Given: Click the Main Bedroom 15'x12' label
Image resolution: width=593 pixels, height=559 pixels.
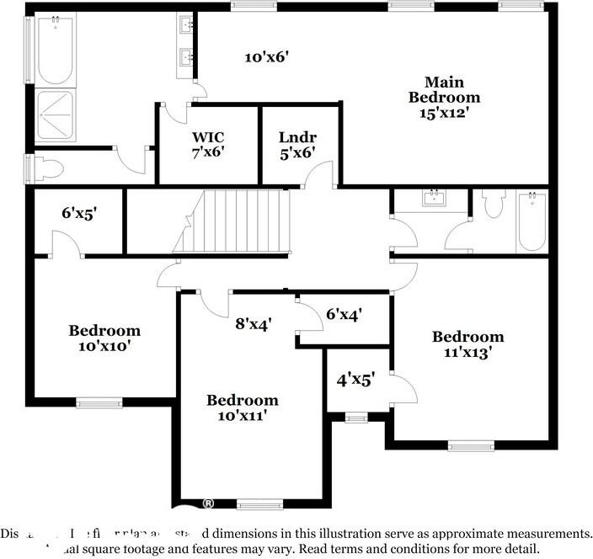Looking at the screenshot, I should [x=445, y=97].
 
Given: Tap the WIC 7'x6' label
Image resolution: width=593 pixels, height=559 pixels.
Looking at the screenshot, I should [x=208, y=144].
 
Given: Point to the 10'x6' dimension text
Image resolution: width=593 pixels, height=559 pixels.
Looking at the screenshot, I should [x=267, y=57].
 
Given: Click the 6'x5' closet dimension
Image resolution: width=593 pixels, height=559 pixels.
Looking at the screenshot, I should [x=79, y=213].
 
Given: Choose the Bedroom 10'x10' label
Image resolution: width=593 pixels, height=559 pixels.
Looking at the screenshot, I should [x=104, y=338].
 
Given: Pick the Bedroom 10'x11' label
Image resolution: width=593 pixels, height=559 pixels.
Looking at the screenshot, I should [x=243, y=407].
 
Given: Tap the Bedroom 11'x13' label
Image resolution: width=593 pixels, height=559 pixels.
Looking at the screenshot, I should [x=468, y=345].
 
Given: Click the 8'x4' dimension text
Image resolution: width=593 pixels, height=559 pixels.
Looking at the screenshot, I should [x=253, y=323].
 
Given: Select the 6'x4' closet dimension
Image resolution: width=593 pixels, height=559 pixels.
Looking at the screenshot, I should [x=344, y=314].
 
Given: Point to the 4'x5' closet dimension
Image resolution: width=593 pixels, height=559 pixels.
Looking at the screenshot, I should [x=355, y=379].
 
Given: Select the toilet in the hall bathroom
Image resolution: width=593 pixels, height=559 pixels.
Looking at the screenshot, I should [x=494, y=205].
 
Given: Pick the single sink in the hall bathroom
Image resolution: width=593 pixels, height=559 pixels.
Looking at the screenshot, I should [x=435, y=200].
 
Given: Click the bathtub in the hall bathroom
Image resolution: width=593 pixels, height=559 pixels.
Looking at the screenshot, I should [x=532, y=221].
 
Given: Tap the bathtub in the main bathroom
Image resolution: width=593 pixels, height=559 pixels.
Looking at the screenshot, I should [x=56, y=49].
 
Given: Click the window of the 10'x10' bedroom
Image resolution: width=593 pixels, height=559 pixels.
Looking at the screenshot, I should [x=99, y=402].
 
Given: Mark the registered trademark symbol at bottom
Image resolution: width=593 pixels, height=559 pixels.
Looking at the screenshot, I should [x=207, y=503].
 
